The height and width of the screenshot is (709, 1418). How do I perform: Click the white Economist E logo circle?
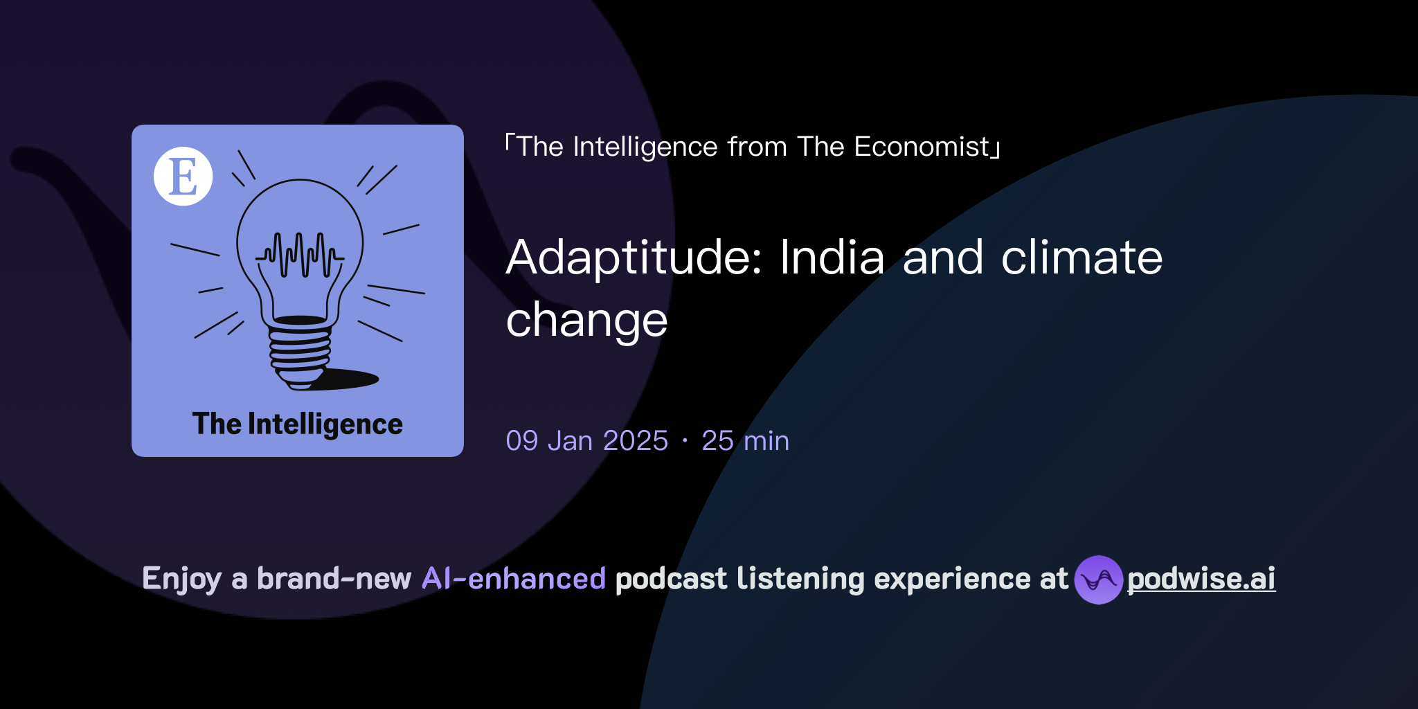pos(183,176)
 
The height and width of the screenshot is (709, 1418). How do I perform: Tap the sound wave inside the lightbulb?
pos(300,255)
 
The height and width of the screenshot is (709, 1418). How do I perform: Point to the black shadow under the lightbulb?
pos(350,379)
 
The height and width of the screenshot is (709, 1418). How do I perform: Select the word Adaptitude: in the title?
pos(634,258)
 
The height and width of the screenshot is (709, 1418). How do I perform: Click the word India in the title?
pos(832,258)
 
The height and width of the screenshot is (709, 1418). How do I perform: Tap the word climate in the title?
pos(1082,258)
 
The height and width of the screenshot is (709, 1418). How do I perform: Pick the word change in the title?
pos(586,321)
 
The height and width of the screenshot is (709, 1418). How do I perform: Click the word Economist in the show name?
pos(922,147)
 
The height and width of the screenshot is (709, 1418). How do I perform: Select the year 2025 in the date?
pos(635,441)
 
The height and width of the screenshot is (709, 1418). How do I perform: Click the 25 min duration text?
pos(745,441)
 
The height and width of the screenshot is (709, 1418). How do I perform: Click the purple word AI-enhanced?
pos(514,579)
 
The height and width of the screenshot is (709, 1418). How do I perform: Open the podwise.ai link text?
pos(1201,579)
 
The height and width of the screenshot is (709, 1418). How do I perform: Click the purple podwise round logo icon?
pos(1098,580)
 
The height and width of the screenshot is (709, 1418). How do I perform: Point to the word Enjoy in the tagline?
pos(181,579)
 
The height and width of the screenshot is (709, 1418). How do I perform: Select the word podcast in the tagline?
pos(671,579)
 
